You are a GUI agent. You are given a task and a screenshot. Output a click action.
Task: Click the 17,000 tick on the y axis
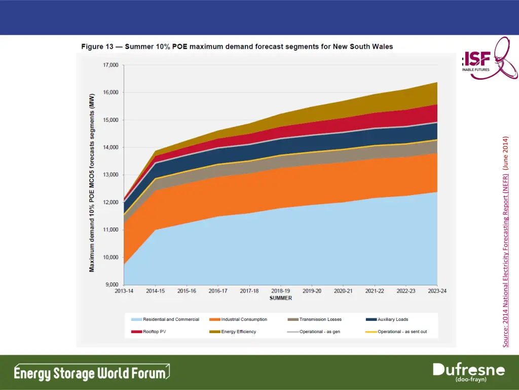click(x=110, y=65)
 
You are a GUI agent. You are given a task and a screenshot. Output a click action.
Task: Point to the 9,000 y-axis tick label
click(x=112, y=285)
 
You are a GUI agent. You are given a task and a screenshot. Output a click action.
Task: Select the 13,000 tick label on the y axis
click(x=110, y=175)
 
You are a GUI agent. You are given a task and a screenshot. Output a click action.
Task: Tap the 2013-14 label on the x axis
click(x=124, y=291)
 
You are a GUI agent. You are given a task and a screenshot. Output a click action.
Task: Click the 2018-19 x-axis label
click(x=280, y=291)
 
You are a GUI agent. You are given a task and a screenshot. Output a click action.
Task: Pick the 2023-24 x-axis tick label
click(x=437, y=291)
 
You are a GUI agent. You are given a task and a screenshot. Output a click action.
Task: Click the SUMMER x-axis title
click(x=281, y=298)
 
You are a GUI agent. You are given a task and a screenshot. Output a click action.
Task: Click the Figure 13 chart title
click(x=237, y=47)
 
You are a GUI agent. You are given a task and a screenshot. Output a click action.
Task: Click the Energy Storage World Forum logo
click(x=91, y=373)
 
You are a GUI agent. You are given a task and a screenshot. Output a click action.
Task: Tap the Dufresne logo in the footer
click(x=468, y=373)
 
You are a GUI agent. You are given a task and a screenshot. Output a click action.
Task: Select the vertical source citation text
click(x=506, y=242)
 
